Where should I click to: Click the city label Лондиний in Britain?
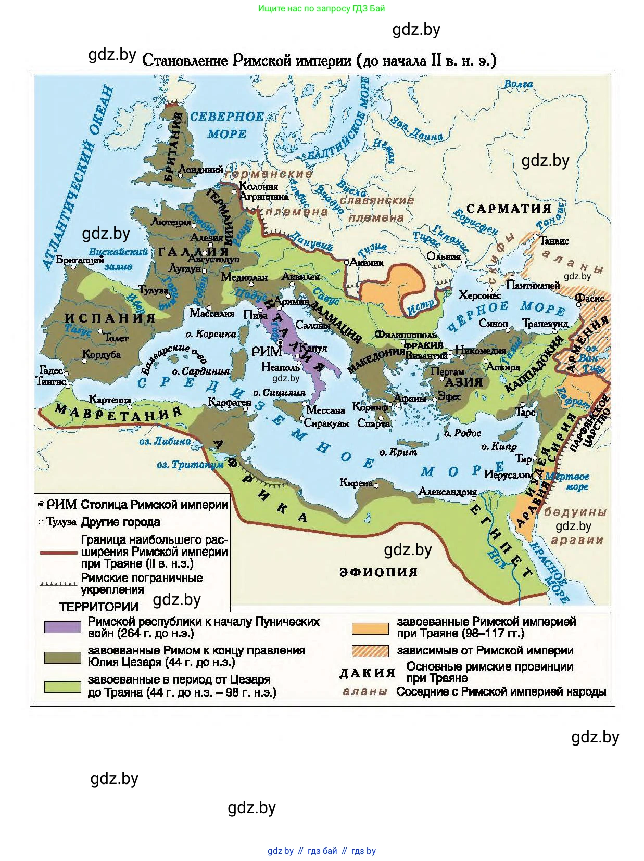(200, 169)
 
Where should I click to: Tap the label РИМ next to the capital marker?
(267, 352)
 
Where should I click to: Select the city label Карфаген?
(230, 402)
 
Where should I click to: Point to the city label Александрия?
(448, 491)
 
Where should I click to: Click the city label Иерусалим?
(508, 474)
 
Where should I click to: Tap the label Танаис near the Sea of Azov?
(554, 241)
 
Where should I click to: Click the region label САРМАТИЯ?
(508, 209)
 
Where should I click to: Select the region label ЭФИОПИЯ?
(378, 572)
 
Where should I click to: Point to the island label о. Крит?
(398, 452)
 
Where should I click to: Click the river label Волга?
(518, 84)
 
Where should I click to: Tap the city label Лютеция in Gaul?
(171, 222)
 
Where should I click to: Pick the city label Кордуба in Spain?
(102, 355)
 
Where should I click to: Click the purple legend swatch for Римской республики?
(62, 627)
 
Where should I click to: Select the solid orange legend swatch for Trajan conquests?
(370, 628)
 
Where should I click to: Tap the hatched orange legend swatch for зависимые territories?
(370, 651)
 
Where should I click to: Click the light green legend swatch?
(62, 686)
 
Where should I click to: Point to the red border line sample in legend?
(58, 552)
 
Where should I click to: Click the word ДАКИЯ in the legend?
(368, 673)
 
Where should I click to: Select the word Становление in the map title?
(185, 61)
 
